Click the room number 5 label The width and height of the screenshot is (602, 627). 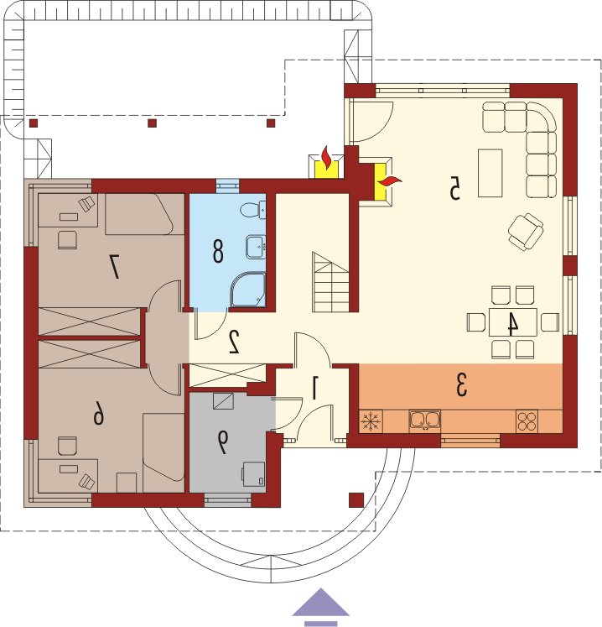pyautogui.click(x=454, y=187)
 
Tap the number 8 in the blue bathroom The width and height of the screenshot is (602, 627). pyautogui.click(x=218, y=251)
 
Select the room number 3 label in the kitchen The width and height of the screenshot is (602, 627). pyautogui.click(x=461, y=384)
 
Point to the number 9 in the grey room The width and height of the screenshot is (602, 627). pyautogui.click(x=222, y=442)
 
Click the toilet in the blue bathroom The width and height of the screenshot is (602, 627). pyautogui.click(x=253, y=210)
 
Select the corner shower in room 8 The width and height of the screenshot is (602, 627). pyautogui.click(x=247, y=290)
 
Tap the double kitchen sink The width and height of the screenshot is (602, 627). pyautogui.click(x=424, y=421)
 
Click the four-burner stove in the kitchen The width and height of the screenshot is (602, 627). pyautogui.click(x=527, y=421)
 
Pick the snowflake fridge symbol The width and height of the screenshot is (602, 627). pyautogui.click(x=371, y=421)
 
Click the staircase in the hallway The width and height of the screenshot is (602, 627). pyautogui.click(x=330, y=282)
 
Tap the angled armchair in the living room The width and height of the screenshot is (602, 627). pyautogui.click(x=526, y=232)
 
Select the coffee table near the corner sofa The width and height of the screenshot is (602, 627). pyautogui.click(x=490, y=173)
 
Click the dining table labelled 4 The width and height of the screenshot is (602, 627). pyautogui.click(x=513, y=322)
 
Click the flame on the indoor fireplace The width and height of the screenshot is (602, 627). pyautogui.click(x=390, y=181)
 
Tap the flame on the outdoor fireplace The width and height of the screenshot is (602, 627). pyautogui.click(x=327, y=158)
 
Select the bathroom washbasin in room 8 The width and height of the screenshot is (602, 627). pyautogui.click(x=255, y=247)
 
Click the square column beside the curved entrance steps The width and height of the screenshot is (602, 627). pyautogui.click(x=356, y=500)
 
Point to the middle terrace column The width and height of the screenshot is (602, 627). pyautogui.click(x=153, y=123)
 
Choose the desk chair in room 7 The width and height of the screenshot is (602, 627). pyautogui.click(x=67, y=240)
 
